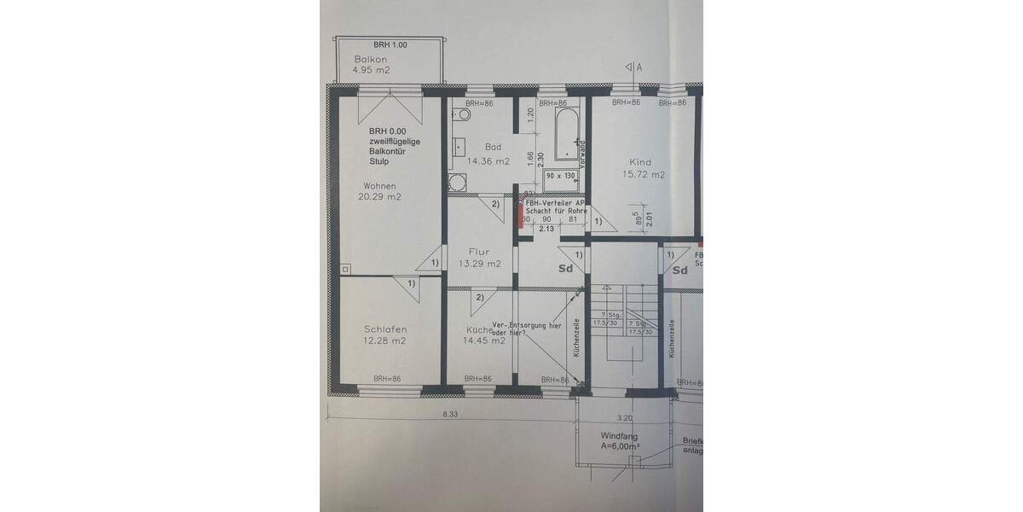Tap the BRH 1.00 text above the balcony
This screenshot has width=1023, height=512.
[390, 44]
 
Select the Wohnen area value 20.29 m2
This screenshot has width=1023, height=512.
[380, 197]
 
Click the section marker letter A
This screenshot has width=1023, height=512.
[638, 66]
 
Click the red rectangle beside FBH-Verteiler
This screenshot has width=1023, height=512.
[520, 215]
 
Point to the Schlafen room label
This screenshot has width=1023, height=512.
[384, 329]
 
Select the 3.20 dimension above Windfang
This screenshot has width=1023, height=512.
[624, 418]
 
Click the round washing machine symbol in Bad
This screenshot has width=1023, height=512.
[458, 182]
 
